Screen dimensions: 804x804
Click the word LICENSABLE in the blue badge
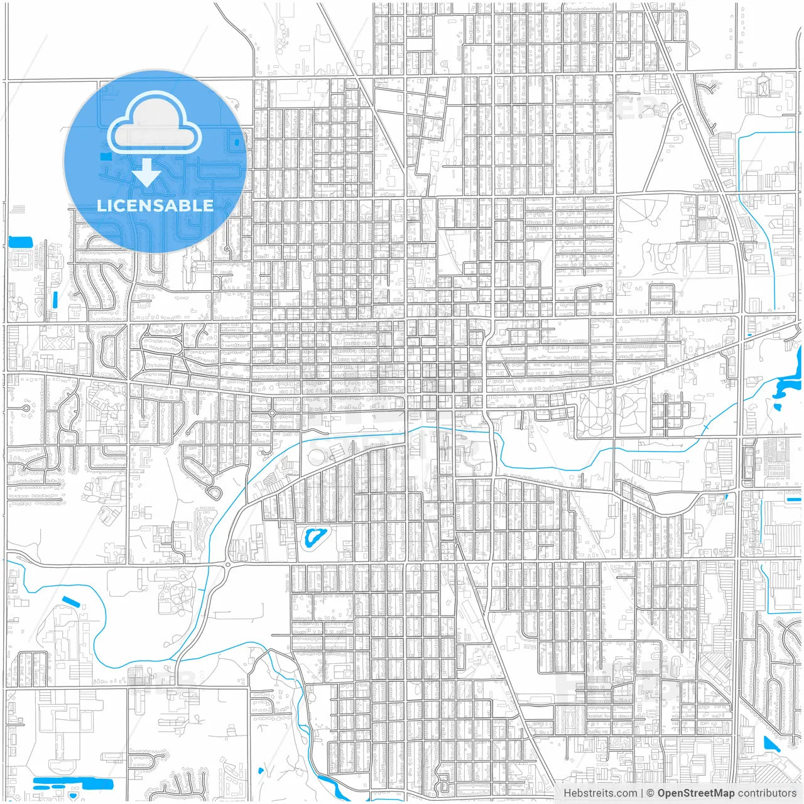pos(155,205)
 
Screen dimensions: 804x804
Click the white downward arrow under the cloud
pos(147,173)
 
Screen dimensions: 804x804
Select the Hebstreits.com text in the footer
pos(599,793)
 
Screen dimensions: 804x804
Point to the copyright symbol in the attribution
pos(651,793)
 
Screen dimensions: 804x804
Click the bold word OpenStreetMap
pos(696,793)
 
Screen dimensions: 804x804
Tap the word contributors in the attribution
pos(767,793)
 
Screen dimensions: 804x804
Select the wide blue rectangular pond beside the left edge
pos(21,241)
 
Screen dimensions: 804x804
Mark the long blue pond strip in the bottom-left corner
pos(72,783)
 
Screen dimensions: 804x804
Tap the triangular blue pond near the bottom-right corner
pos(770,744)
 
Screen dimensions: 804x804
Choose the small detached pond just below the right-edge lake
pos(778,407)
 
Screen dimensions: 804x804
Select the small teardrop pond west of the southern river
pos(260,771)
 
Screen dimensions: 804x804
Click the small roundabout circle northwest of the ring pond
pos(271,413)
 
